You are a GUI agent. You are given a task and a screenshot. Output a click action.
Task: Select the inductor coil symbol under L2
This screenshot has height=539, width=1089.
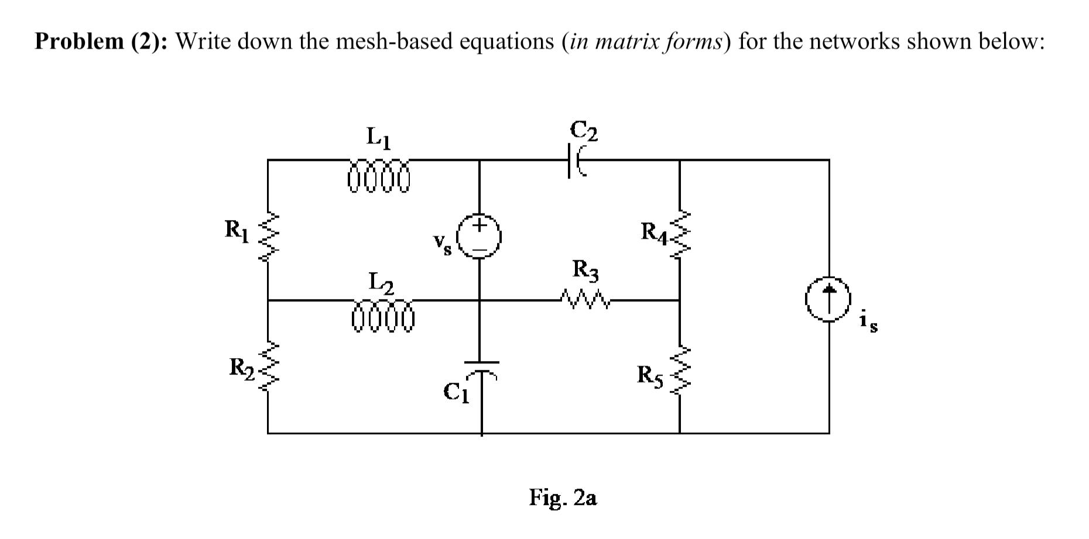[383, 317]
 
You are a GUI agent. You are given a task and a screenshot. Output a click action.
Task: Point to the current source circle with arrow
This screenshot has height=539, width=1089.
[828, 299]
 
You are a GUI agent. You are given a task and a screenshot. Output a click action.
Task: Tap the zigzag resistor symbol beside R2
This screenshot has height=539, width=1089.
[268, 368]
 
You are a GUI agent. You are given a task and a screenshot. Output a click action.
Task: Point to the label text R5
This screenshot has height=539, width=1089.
[650, 375]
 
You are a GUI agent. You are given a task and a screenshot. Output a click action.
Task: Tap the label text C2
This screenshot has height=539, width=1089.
[584, 131]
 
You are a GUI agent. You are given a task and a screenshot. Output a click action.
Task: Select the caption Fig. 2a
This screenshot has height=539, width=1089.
[563, 497]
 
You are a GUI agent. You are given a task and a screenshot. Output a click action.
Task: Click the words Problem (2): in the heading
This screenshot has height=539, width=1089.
[102, 42]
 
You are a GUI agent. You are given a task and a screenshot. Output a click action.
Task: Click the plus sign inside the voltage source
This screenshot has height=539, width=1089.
[480, 225]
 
